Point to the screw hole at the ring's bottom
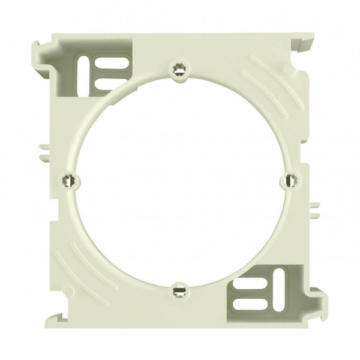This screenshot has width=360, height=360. [x=178, y=290]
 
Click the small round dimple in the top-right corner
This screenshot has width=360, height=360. [x=291, y=70]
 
